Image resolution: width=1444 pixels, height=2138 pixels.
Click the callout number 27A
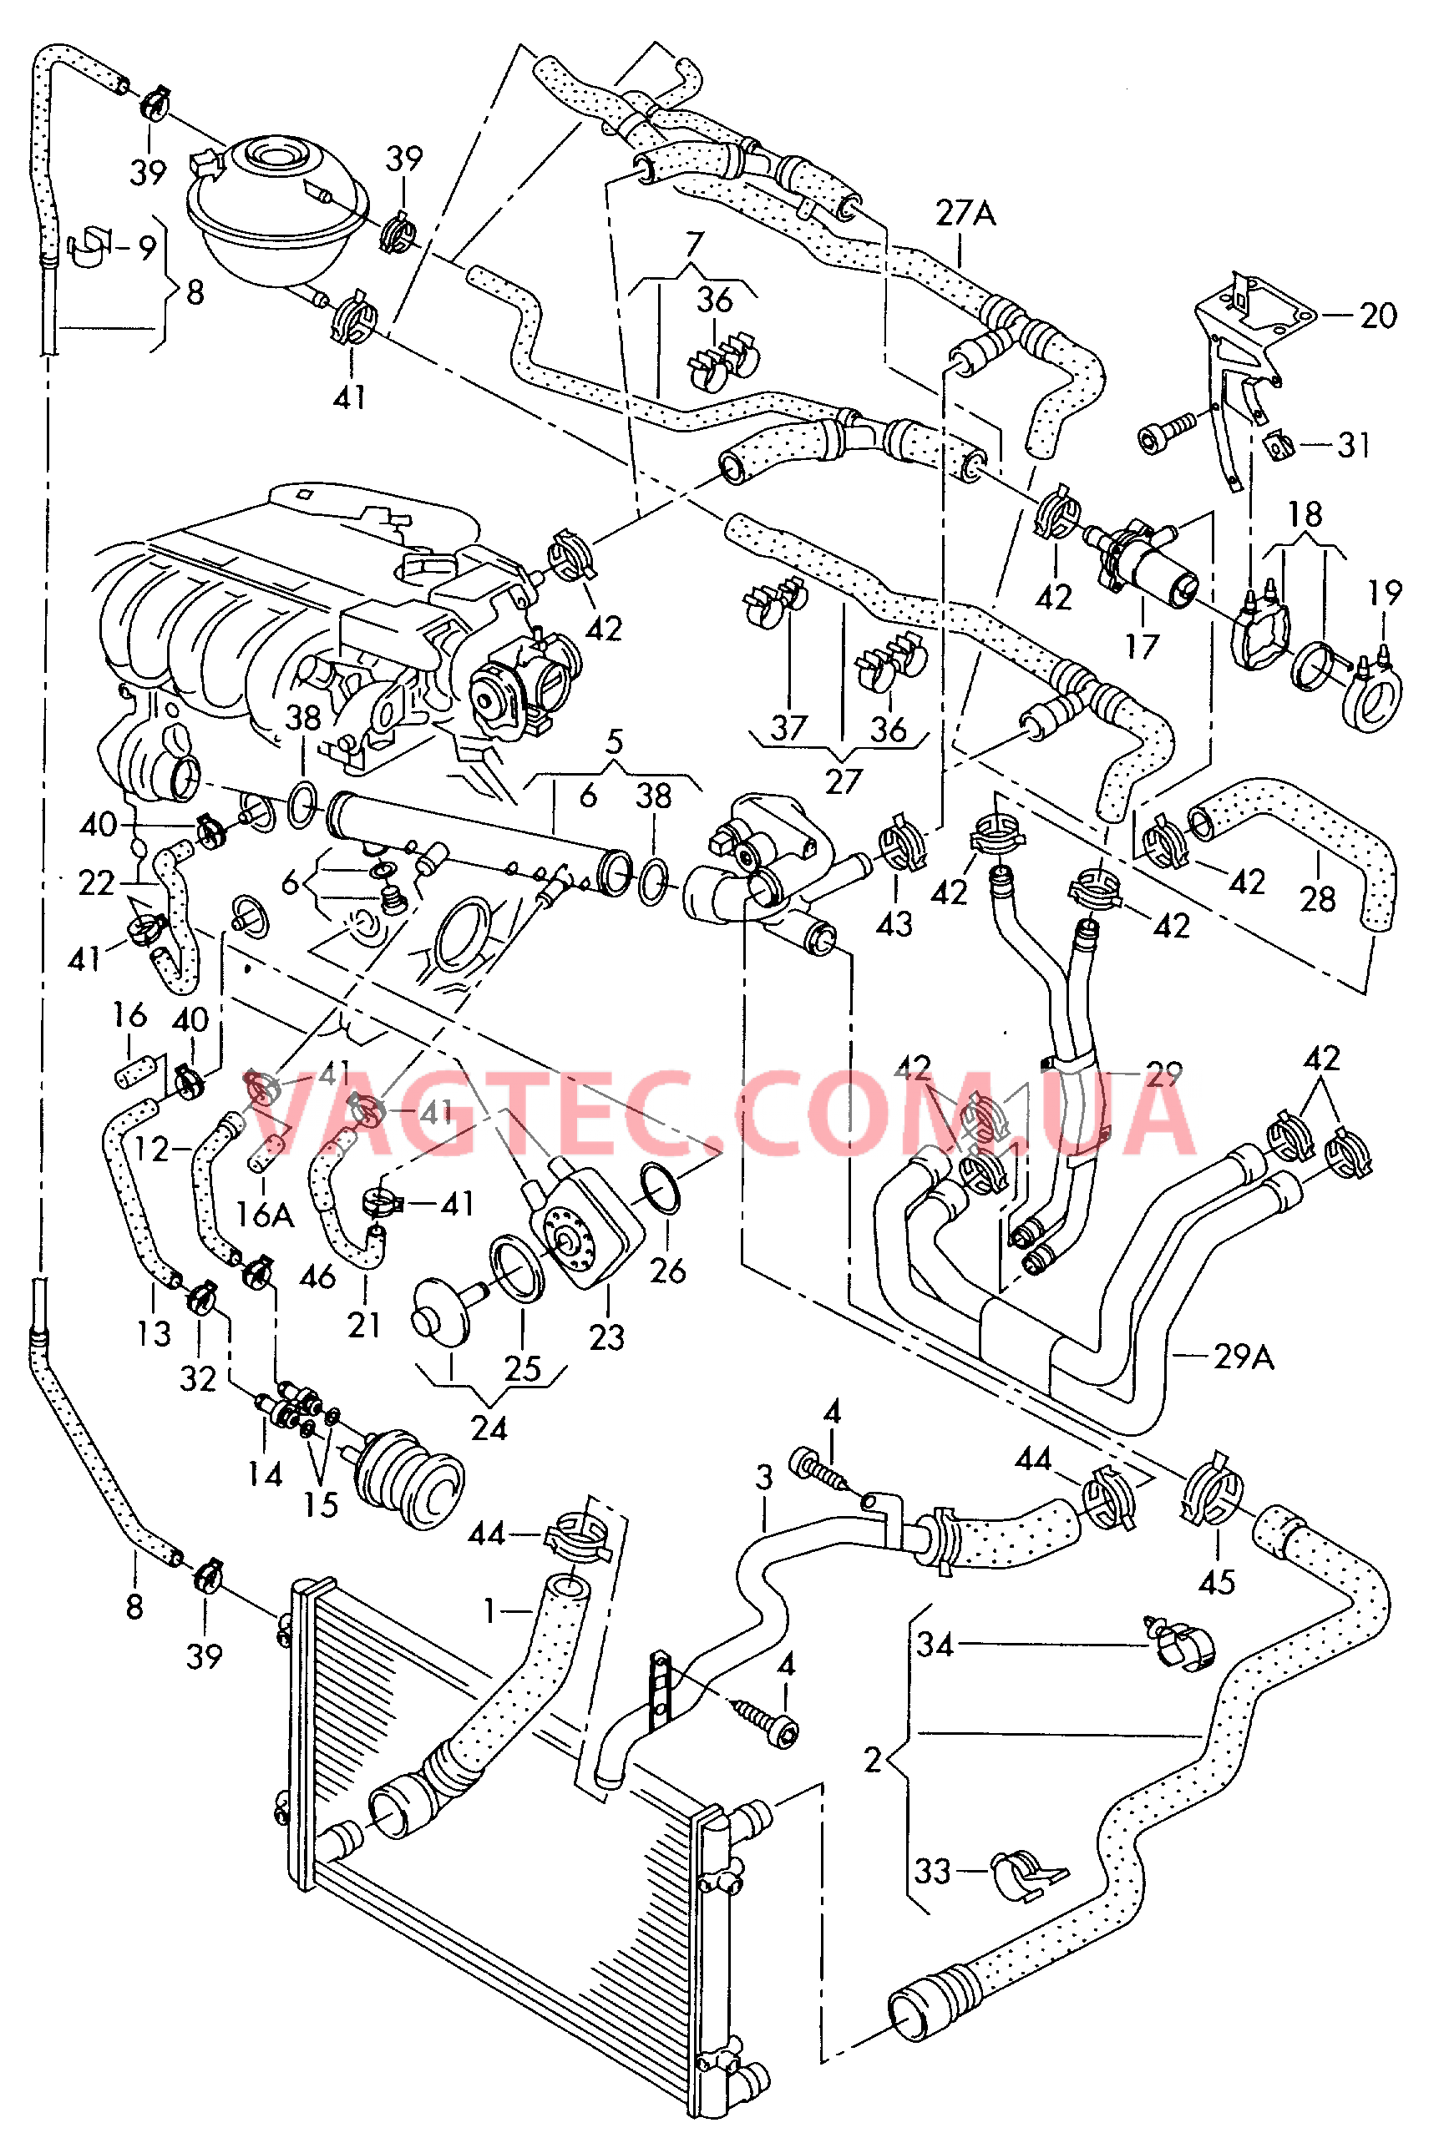point(965,215)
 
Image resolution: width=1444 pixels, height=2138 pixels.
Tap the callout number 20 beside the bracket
point(1378,316)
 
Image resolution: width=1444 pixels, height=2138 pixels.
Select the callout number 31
point(1354,445)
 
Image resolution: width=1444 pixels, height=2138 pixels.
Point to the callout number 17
point(1141,647)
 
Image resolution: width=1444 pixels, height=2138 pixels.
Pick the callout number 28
point(1317,899)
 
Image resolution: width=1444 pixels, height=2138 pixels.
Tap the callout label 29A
point(1244,1357)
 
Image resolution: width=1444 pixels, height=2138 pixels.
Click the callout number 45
point(1216,1582)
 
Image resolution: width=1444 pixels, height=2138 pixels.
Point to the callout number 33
point(932,1871)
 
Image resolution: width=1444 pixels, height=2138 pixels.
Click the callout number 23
point(606,1337)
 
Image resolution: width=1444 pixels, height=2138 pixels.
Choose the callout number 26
point(667,1271)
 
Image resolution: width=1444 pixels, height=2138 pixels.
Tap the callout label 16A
point(264,1215)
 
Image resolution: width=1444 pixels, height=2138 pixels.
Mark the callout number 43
point(894,922)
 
